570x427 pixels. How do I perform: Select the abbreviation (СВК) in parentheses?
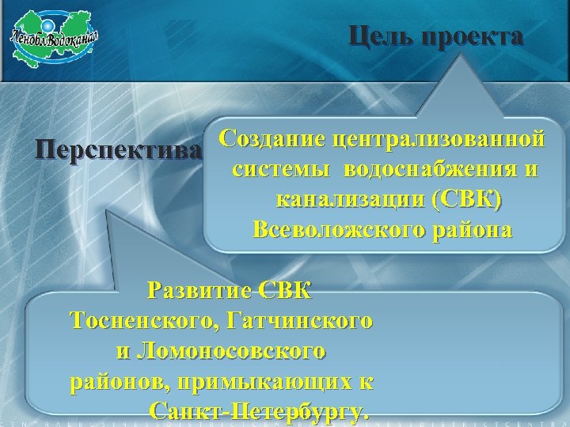pos(468,200)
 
